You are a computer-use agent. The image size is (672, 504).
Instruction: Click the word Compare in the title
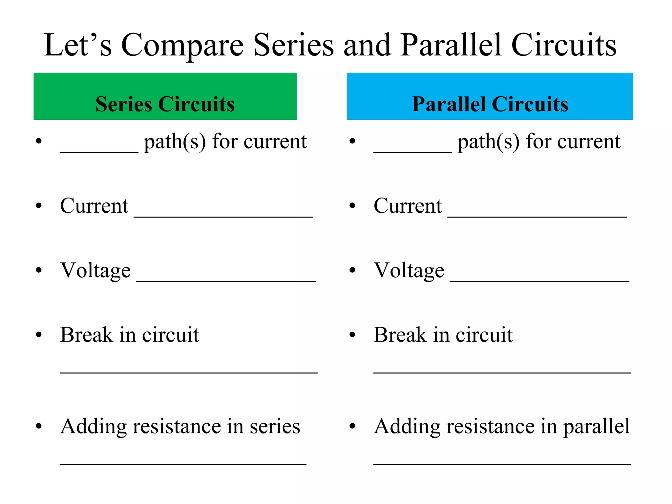pyautogui.click(x=182, y=45)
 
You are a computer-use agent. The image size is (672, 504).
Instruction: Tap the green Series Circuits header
pyautogui.click(x=165, y=96)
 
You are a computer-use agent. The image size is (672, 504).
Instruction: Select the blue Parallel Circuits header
pyautogui.click(x=490, y=96)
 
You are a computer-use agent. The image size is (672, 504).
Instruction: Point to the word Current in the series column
pyautogui.click(x=94, y=206)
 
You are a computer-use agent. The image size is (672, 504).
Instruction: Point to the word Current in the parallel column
pyautogui.click(x=408, y=206)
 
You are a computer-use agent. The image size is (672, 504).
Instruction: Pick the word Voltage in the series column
pyautogui.click(x=95, y=270)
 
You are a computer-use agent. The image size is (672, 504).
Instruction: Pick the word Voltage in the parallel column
pyautogui.click(x=409, y=270)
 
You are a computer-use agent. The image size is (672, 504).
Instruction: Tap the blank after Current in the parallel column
pyautogui.click(x=537, y=215)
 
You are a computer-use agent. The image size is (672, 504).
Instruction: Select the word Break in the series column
pyautogui.click(x=86, y=335)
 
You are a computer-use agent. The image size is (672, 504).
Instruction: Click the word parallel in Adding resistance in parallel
pyautogui.click(x=596, y=427)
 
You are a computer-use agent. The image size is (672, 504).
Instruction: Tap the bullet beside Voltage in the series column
pyautogui.click(x=39, y=270)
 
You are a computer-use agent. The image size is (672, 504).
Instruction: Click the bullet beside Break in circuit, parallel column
pyautogui.click(x=352, y=335)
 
